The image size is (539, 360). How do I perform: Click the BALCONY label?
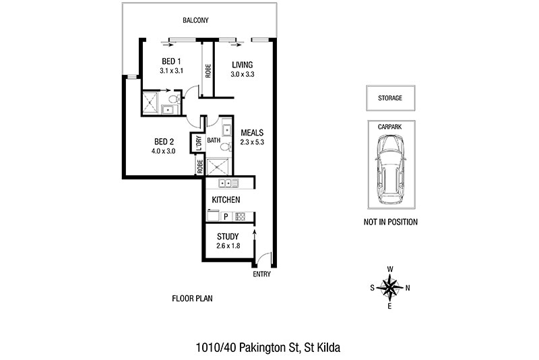point(195,20)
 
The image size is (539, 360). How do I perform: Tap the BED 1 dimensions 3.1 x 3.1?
point(171,71)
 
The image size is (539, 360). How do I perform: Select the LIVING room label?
point(243,65)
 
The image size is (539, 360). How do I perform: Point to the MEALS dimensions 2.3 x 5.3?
point(252,142)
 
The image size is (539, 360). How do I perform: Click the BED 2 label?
point(164,142)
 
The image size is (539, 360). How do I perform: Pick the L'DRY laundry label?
point(198,144)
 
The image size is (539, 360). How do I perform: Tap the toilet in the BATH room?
point(226,147)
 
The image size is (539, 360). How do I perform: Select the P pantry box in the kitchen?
point(226,216)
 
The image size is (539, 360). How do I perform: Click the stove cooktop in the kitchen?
point(241,216)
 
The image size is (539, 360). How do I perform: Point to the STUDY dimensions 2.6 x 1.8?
point(228,246)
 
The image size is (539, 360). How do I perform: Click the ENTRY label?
point(261,274)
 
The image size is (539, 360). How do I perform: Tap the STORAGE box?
point(391,98)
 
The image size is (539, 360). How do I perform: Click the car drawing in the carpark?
point(391,169)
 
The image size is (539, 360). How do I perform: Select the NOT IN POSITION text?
point(391,222)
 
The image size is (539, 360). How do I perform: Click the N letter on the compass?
point(408,288)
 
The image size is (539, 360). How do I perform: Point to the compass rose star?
point(390,287)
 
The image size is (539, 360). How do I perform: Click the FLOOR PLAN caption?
point(192,299)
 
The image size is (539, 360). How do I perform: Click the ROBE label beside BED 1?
point(208,71)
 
